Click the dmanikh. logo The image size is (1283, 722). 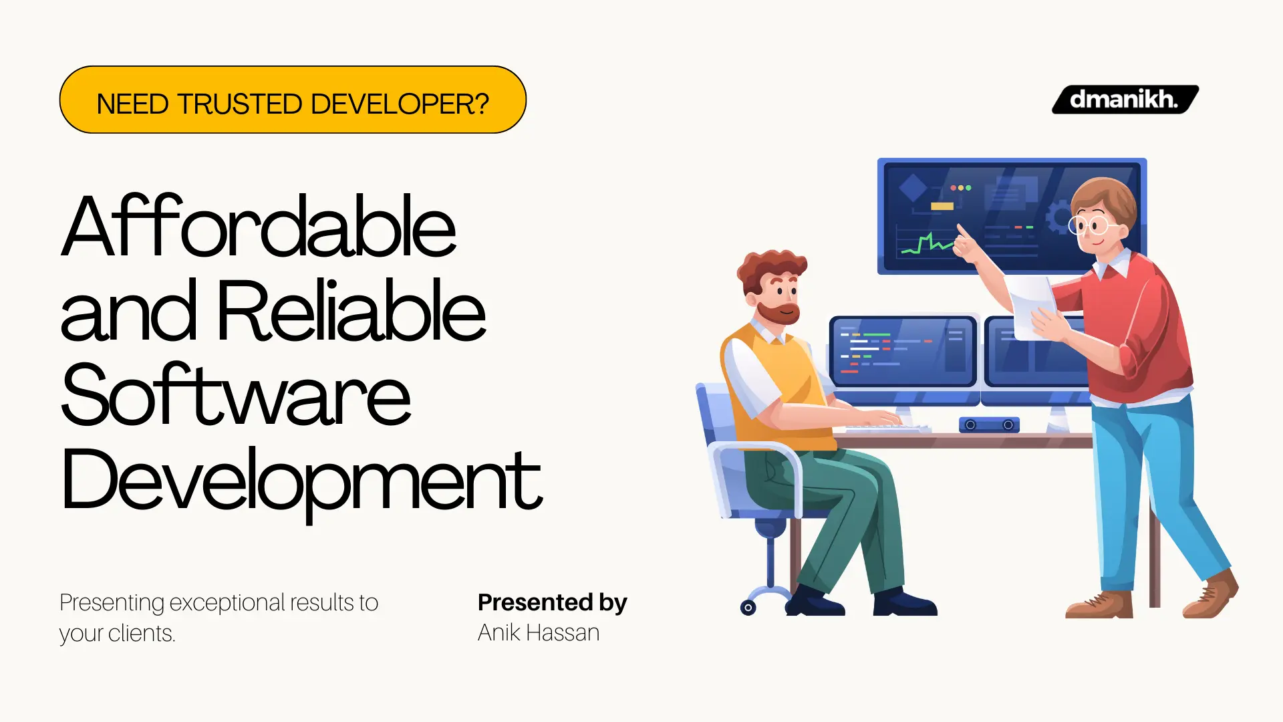point(1125,100)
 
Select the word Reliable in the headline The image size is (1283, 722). point(351,310)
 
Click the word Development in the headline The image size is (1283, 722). point(301,480)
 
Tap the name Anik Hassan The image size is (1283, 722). point(538,632)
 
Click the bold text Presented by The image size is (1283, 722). point(552,602)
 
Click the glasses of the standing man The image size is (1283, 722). point(1089,225)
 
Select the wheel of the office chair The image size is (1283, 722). point(748,607)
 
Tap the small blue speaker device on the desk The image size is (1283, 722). point(989,425)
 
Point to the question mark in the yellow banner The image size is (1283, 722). point(481,104)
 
